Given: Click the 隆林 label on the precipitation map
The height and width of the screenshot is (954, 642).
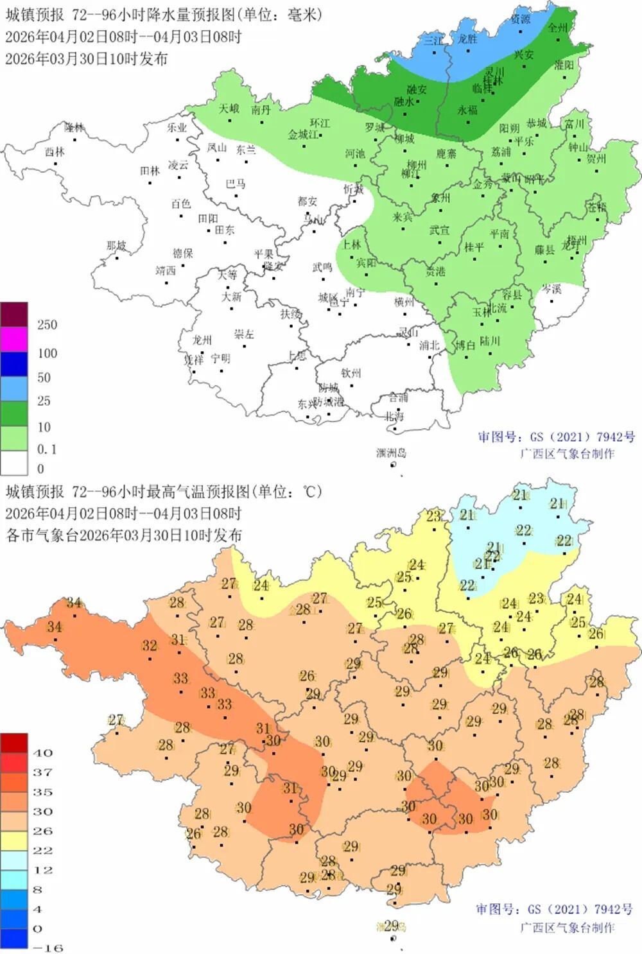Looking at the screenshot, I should click(74, 127).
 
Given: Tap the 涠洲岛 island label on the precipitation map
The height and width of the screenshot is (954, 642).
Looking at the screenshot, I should click(391, 453).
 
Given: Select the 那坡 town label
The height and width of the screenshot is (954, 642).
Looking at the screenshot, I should click(116, 246).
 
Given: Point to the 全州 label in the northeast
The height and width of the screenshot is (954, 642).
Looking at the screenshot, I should click(557, 28).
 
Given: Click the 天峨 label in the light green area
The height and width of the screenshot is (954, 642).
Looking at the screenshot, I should click(229, 109).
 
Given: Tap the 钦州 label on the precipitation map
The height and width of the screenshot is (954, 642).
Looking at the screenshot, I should click(351, 373).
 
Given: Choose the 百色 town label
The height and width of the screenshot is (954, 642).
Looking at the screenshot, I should click(181, 204).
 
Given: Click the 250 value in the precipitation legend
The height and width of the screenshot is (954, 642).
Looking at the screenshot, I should click(47, 325).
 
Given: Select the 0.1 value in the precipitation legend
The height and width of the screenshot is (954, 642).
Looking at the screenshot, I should click(47, 449).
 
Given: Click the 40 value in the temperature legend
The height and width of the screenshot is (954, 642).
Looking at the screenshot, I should click(42, 752).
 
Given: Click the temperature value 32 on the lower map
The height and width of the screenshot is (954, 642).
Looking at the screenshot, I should click(150, 645).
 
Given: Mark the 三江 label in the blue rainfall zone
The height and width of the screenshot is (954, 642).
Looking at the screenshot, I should click(433, 40).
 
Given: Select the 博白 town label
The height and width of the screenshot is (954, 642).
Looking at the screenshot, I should click(465, 345).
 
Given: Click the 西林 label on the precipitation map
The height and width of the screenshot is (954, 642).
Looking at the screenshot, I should click(55, 152).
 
